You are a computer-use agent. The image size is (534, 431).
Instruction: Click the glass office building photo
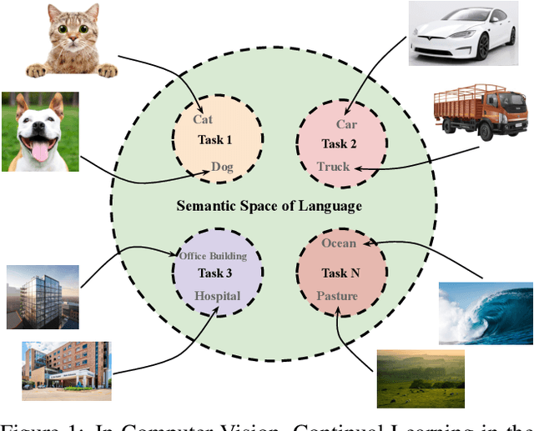pyautogui.click(x=43, y=297)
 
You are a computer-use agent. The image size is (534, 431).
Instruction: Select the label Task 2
pyautogui.click(x=340, y=143)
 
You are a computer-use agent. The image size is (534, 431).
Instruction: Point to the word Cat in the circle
pyautogui.click(x=203, y=119)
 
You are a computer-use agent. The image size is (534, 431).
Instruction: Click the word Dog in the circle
pyautogui.click(x=222, y=166)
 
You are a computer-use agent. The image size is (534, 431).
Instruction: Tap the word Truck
pyautogui.click(x=334, y=166)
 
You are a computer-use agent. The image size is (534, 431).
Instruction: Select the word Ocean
pyautogui.click(x=339, y=243)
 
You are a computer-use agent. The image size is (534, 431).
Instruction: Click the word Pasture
pyautogui.click(x=337, y=296)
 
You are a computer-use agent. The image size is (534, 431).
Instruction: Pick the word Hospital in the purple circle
pyautogui.click(x=217, y=296)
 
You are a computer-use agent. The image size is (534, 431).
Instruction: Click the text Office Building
pyautogui.click(x=217, y=255)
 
